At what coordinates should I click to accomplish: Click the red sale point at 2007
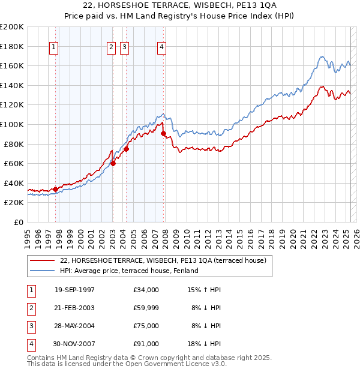[163, 133]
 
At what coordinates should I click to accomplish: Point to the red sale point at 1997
[55, 189]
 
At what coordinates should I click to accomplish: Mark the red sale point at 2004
[127, 149]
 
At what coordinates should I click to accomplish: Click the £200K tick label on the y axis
[12, 26]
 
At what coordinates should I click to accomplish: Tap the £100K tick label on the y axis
[12, 124]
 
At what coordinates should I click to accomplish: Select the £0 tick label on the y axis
[19, 222]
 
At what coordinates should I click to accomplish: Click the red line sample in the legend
[42, 260]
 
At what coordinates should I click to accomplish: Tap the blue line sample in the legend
[42, 271]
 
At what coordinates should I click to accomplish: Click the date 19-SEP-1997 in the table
[74, 290]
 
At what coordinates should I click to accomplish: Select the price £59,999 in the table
[146, 308]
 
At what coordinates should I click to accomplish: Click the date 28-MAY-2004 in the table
[74, 326]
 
